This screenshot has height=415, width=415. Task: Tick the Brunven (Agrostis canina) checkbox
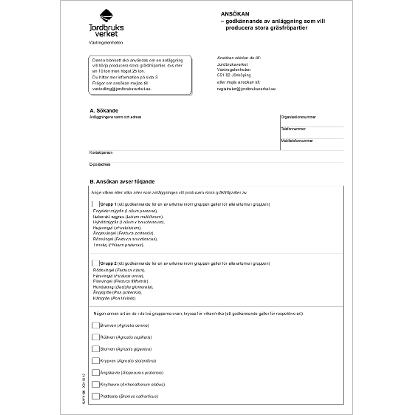(95, 325)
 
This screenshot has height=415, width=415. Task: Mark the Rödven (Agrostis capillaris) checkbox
(95, 338)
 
